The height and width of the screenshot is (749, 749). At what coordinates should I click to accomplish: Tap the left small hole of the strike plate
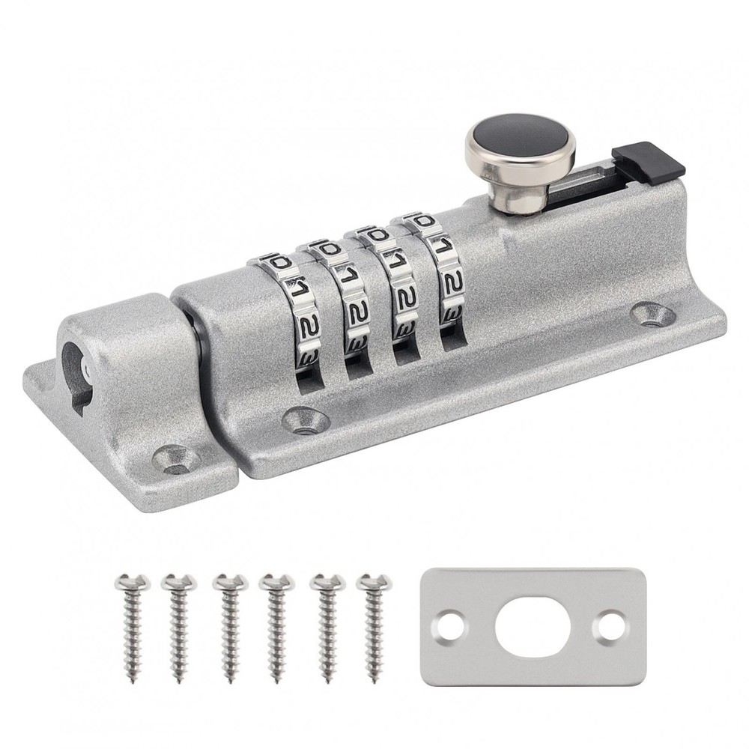450,625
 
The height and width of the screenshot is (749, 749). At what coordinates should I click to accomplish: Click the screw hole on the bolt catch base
175,458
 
